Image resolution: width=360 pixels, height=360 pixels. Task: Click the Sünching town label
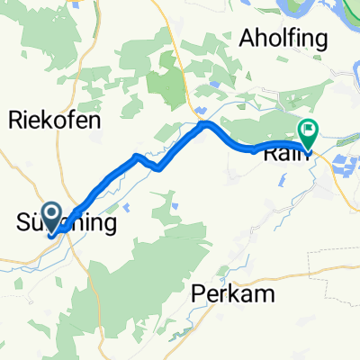pos(67,221)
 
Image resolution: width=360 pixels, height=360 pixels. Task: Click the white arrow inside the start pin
pos(51,215)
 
